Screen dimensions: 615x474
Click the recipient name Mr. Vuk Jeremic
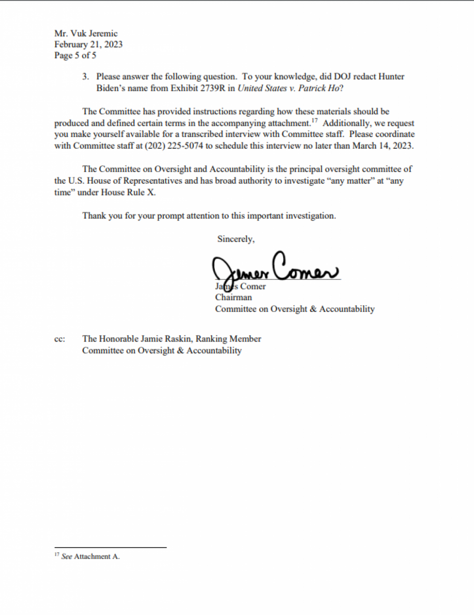86,34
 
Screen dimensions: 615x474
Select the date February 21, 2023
88,45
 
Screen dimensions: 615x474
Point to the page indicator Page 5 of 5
75,55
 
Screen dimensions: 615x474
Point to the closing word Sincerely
235,239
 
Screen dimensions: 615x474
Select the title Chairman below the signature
233,297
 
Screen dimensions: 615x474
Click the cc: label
60,339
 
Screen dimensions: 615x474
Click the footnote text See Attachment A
90,557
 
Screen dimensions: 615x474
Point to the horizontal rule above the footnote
110,548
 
